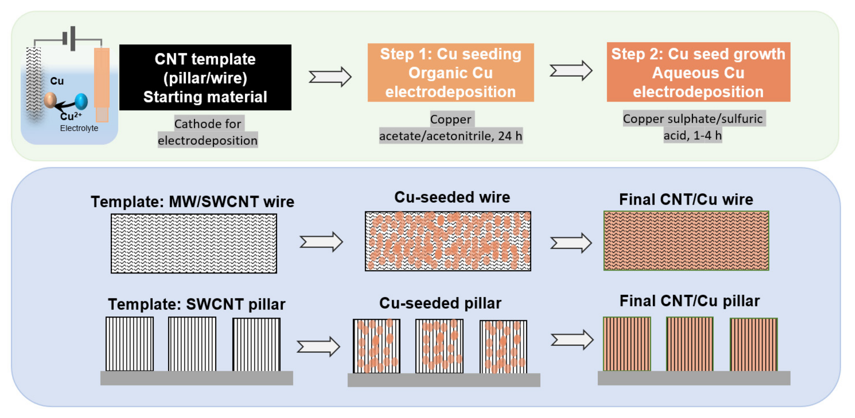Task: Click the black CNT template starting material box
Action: pos(205,78)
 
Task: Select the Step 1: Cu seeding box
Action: pos(450,73)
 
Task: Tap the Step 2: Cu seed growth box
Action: pos(698,72)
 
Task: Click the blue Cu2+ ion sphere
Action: pos(81,101)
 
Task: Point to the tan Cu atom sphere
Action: pos(50,100)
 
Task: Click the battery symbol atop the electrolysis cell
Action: pos(70,39)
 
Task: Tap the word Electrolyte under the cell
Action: pos(79,128)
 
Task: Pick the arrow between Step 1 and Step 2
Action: pos(571,70)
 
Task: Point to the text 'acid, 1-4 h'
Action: pos(692,135)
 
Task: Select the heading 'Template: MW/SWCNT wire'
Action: pos(192,201)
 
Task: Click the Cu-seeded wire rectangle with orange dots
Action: pos(448,241)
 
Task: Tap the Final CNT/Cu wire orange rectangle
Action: pos(686,241)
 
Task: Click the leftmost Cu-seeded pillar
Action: pos(376,346)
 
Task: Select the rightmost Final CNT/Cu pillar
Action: pos(753,344)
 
